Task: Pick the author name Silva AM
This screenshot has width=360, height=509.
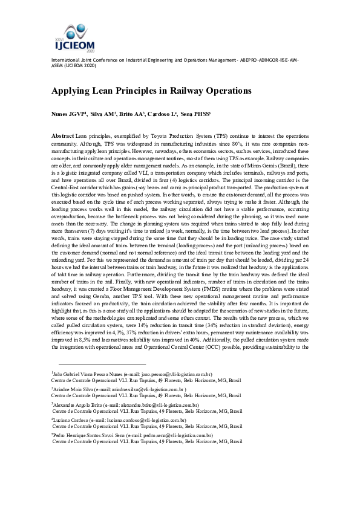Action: (x=103, y=113)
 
